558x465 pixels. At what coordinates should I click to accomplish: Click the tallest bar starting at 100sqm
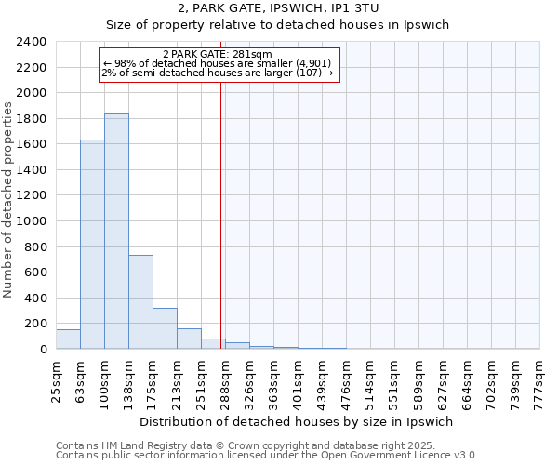tap(116, 232)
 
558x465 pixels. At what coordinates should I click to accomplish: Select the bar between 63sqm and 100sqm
tap(92, 245)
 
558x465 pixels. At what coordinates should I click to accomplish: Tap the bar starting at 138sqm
tap(140, 302)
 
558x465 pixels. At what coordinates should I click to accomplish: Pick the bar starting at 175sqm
tap(165, 328)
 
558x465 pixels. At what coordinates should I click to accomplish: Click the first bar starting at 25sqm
tap(68, 339)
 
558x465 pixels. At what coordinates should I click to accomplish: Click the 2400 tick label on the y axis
tap(31, 42)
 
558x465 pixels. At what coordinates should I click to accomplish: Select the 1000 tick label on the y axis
tap(31, 221)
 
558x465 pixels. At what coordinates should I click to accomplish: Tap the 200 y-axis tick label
tap(34, 324)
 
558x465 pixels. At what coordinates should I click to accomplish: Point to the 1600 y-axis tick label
tap(31, 144)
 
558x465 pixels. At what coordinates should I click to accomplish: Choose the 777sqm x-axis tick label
tap(539, 379)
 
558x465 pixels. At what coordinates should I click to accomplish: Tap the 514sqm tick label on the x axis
tap(370, 379)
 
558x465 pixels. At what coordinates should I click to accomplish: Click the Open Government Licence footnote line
tap(267, 456)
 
